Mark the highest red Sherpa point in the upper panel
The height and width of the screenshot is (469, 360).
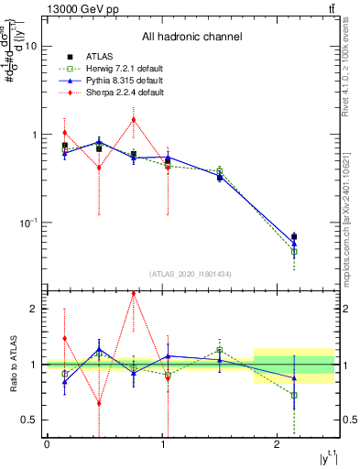coord(134,119)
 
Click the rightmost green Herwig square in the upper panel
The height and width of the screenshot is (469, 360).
coord(294,251)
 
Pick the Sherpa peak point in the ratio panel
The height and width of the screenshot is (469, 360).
coord(134,294)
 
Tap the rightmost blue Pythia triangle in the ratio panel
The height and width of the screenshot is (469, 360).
coord(294,377)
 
